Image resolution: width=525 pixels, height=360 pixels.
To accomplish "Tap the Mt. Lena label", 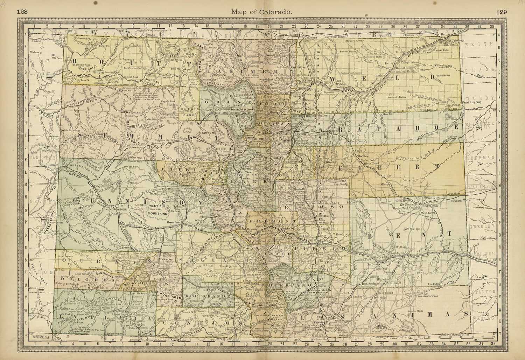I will pyautogui.click(x=34, y=52).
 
